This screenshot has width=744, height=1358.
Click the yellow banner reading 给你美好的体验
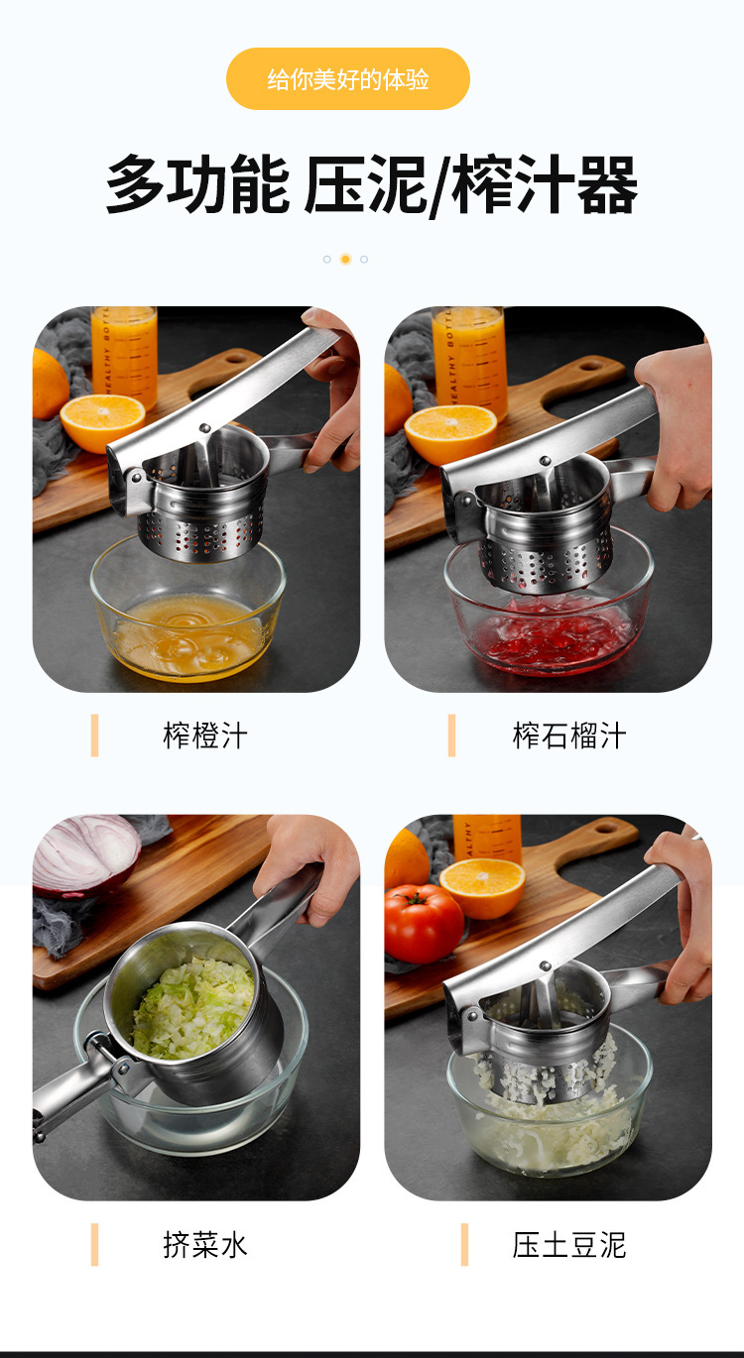click(347, 79)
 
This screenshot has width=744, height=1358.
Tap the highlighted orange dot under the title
click(345, 259)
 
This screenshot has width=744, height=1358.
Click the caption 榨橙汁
click(204, 736)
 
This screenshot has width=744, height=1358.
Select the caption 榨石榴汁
click(569, 736)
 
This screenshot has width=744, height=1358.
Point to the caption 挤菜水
click(204, 1245)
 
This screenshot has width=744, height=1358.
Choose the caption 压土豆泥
click(569, 1245)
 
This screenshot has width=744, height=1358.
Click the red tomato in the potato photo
click(424, 923)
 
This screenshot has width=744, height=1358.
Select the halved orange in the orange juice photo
click(102, 420)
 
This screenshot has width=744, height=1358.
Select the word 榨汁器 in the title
click(544, 185)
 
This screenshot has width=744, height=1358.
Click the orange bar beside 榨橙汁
click(95, 736)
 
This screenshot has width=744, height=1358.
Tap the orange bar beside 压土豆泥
click(464, 1245)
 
